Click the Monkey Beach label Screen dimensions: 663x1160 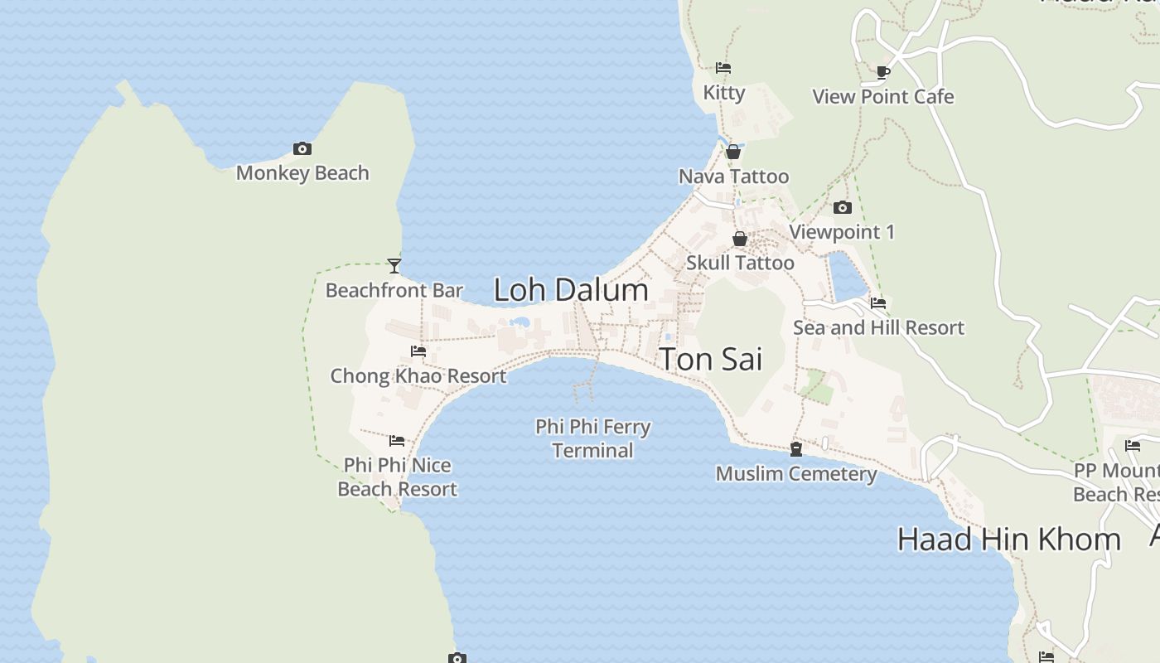(302, 173)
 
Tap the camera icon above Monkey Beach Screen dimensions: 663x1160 (302, 149)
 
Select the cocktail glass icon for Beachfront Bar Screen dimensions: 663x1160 (394, 266)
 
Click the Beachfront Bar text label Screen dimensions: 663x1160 (394, 290)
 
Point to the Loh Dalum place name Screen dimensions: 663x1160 (571, 290)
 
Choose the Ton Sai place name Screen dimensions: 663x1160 (710, 359)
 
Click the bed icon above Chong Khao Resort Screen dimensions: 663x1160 (418, 351)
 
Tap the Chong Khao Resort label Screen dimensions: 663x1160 (418, 376)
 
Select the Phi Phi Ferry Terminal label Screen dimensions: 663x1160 (592, 438)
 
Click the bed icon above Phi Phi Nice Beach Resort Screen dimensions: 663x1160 (397, 441)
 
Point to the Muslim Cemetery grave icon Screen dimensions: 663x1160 (796, 449)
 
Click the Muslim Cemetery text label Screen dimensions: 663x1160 (796, 474)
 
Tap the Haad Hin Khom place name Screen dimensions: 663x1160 (1008, 540)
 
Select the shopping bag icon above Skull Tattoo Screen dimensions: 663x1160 (740, 239)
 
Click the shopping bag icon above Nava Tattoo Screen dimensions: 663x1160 (733, 152)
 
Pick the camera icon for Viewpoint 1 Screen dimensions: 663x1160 (843, 207)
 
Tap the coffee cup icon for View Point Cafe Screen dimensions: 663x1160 (883, 72)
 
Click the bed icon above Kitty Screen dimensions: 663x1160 (723, 68)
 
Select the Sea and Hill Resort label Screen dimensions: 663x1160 (878, 327)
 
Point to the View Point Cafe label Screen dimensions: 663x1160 (883, 97)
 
